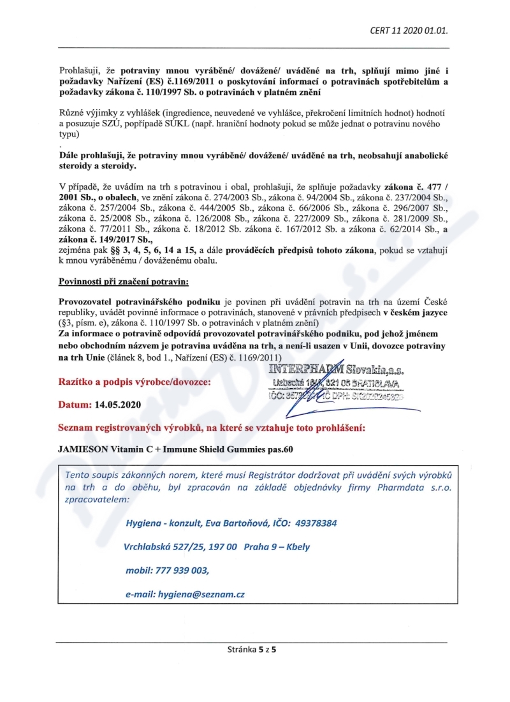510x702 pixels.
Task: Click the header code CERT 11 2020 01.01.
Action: click(x=413, y=30)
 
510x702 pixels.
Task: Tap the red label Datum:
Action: click(x=75, y=405)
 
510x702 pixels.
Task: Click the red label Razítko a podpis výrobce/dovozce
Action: click(x=133, y=382)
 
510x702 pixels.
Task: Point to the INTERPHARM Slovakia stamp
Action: click(x=338, y=384)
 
